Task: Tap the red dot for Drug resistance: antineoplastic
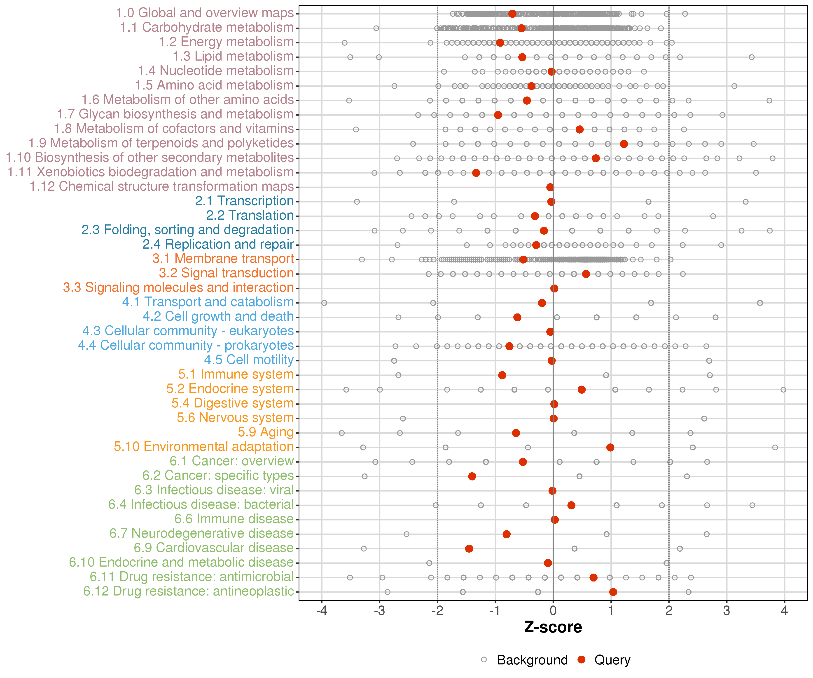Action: [613, 592]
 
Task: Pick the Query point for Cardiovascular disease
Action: [469, 549]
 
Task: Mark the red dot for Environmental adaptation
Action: [610, 447]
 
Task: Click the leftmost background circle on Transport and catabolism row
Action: [324, 303]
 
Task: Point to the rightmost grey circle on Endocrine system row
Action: [783, 390]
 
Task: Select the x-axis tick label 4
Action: [784, 611]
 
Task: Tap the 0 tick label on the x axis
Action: [553, 611]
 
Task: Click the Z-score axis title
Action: [553, 627]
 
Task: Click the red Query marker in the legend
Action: [581, 659]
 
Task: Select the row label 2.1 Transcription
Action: [244, 201]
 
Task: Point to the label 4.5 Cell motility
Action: [249, 360]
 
